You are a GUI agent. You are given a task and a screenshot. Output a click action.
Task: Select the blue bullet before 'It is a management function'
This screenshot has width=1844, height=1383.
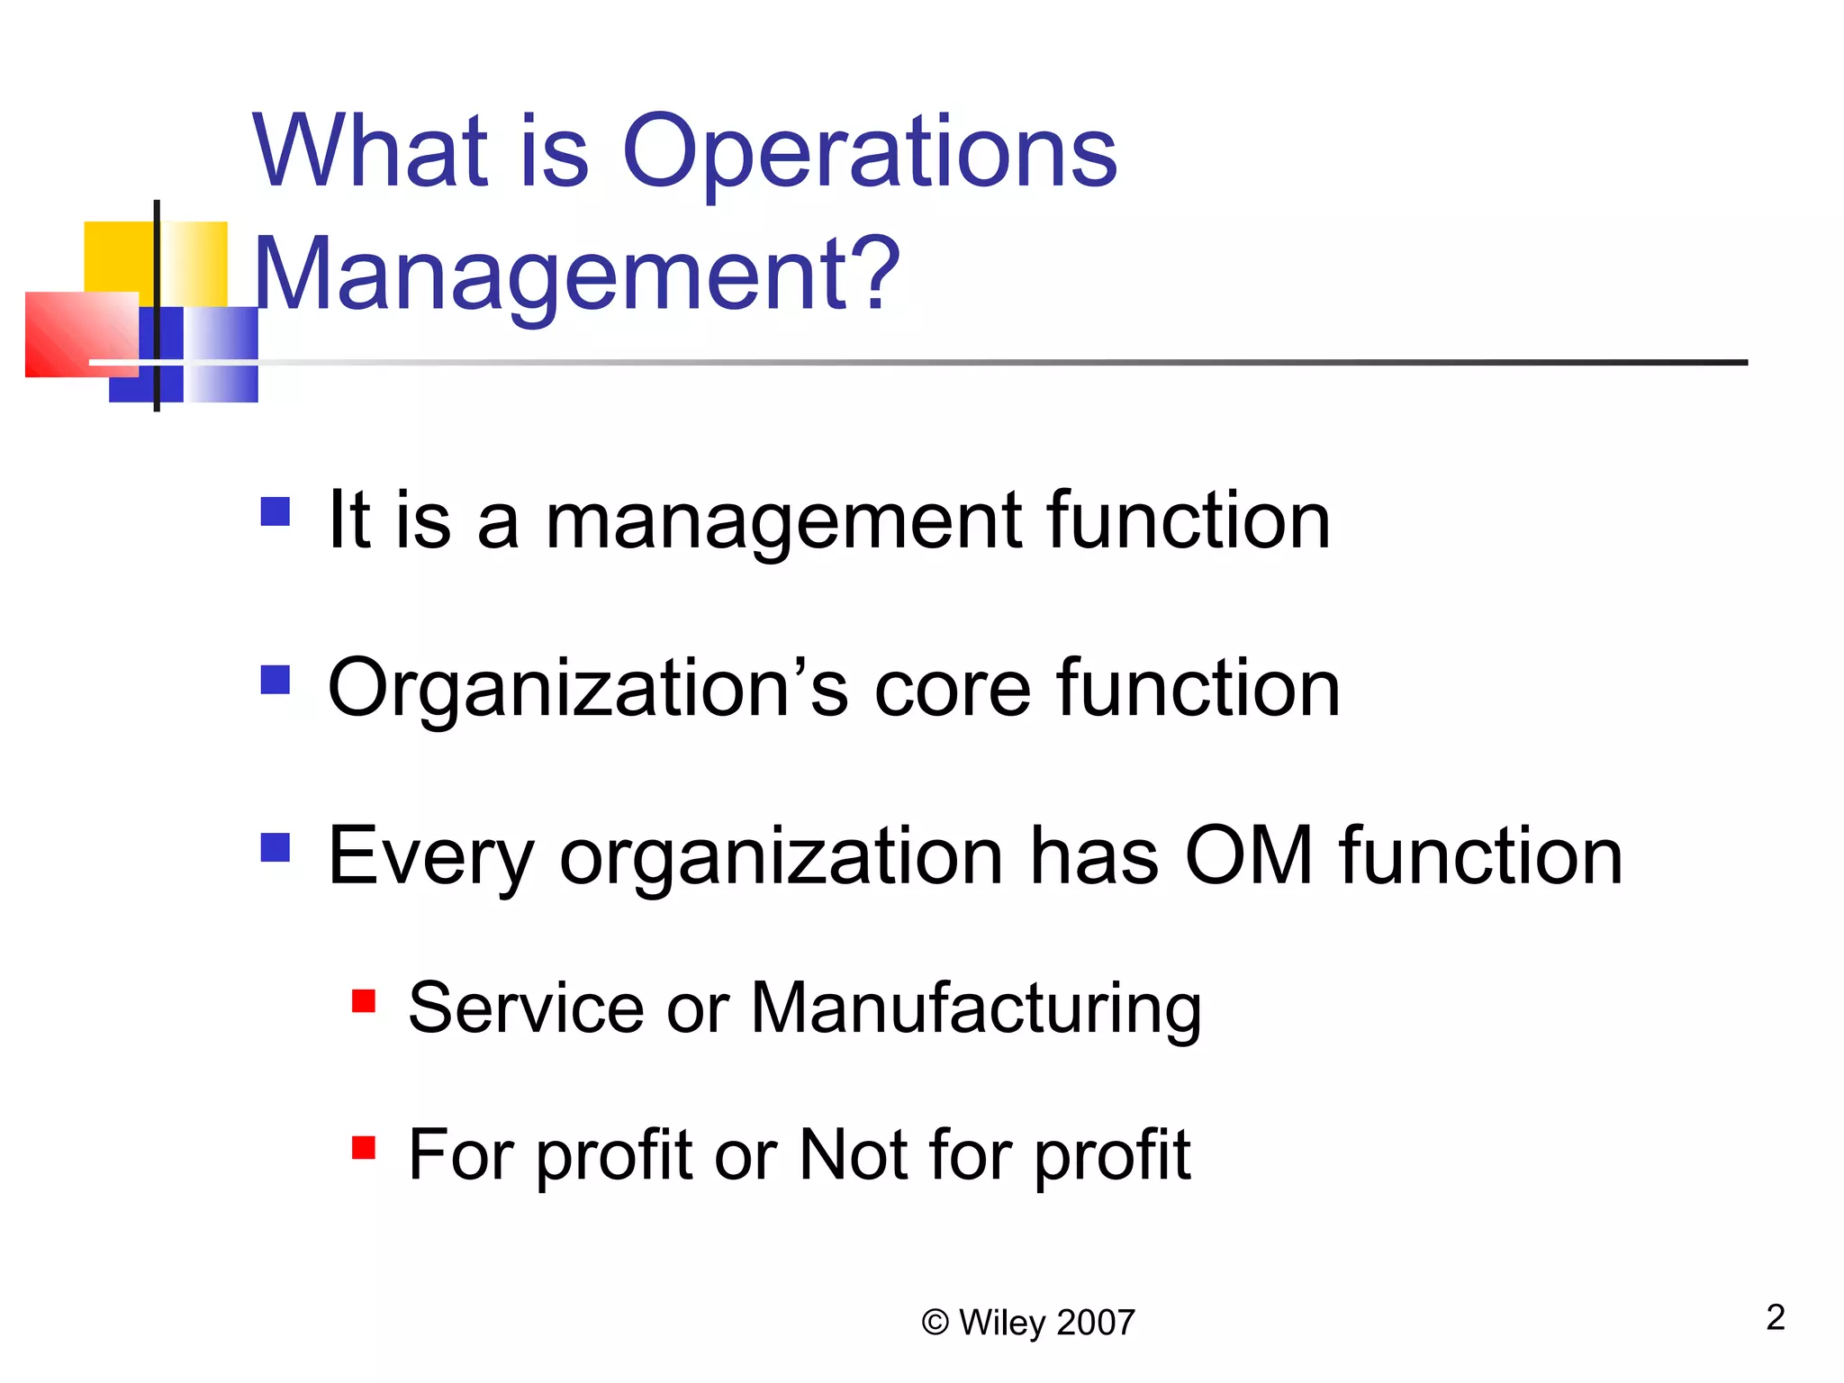point(276,511)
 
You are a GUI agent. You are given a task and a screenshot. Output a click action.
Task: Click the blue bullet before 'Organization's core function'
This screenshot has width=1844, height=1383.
point(276,680)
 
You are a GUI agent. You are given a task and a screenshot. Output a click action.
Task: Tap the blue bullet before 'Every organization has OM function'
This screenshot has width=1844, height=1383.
point(276,847)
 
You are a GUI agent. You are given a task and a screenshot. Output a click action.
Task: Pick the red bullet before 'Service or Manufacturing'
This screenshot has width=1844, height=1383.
point(364,1000)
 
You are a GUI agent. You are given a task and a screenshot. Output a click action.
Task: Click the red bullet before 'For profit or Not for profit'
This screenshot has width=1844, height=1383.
point(364,1147)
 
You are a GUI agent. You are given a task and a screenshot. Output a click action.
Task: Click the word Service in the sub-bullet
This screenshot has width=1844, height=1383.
point(525,1008)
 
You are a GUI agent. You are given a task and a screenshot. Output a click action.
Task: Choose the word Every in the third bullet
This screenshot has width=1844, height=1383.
point(431,856)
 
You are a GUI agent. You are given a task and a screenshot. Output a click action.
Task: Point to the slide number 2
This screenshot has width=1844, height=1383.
point(1775,1317)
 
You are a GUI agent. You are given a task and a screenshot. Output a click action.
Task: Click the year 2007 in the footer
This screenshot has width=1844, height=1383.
point(1096,1323)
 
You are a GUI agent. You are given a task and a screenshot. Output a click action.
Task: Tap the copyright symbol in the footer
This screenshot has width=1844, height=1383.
point(936,1323)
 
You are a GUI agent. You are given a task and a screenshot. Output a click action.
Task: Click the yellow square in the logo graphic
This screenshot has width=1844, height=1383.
point(117,257)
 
